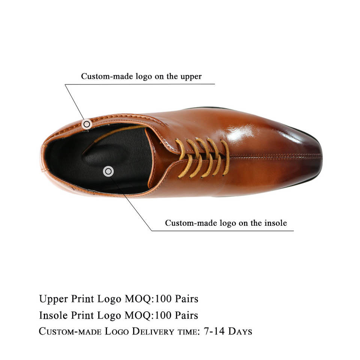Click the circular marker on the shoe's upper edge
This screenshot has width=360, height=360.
pos(87,124)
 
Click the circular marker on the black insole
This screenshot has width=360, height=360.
pos(108,171)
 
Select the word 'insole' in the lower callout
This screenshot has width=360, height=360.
pos(274,223)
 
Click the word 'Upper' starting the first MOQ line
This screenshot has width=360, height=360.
pos(54,299)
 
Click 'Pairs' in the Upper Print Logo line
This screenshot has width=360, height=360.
pos(185,299)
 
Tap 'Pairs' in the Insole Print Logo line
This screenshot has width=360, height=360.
pos(185,315)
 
